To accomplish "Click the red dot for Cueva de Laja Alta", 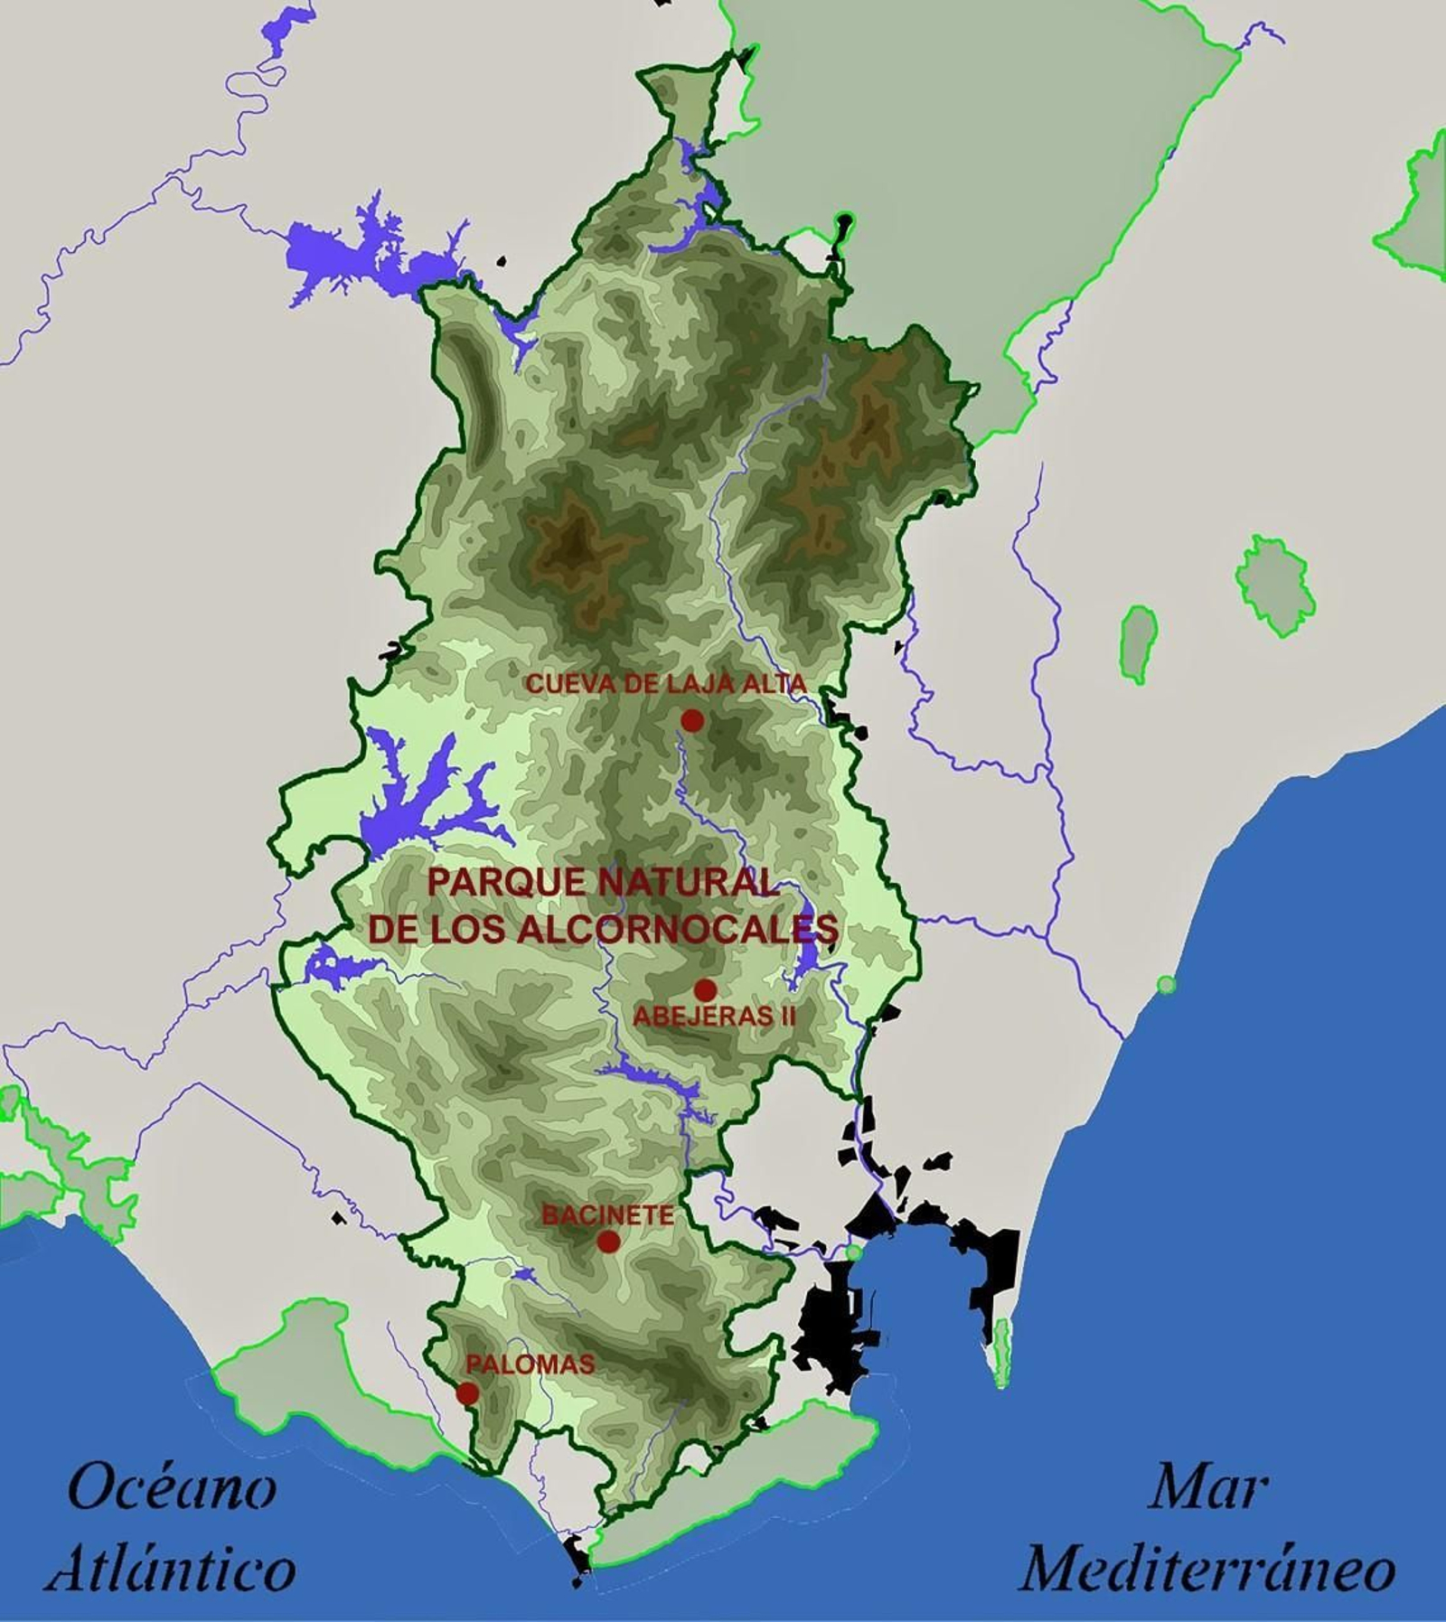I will pyautogui.click(x=692, y=720).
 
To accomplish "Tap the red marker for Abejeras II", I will pyautogui.click(x=705, y=990).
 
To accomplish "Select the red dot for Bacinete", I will pyautogui.click(x=608, y=1242).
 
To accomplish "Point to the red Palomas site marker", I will pyautogui.click(x=467, y=1393).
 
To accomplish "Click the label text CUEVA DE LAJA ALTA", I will pyautogui.click(x=665, y=684).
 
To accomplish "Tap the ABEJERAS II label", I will pyautogui.click(x=714, y=1017).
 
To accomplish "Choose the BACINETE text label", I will pyautogui.click(x=607, y=1215).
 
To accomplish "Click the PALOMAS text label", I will pyautogui.click(x=531, y=1364).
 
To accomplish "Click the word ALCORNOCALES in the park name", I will pyautogui.click(x=678, y=930).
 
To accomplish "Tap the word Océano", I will pyautogui.click(x=172, y=1488).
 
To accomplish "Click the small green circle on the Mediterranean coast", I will pyautogui.click(x=1167, y=984).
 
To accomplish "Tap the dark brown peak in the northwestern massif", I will pyautogui.click(x=571, y=544).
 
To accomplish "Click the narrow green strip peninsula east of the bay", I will pyautogui.click(x=1000, y=1352).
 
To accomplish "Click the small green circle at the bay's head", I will pyautogui.click(x=853, y=1252).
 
